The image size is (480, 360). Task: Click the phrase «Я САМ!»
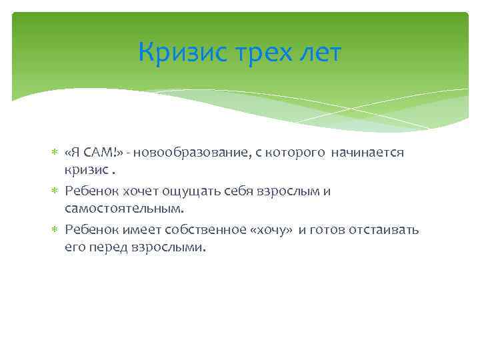(93, 153)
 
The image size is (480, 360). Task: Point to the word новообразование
(193, 153)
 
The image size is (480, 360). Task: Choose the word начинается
(368, 153)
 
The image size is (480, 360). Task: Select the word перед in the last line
(107, 249)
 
